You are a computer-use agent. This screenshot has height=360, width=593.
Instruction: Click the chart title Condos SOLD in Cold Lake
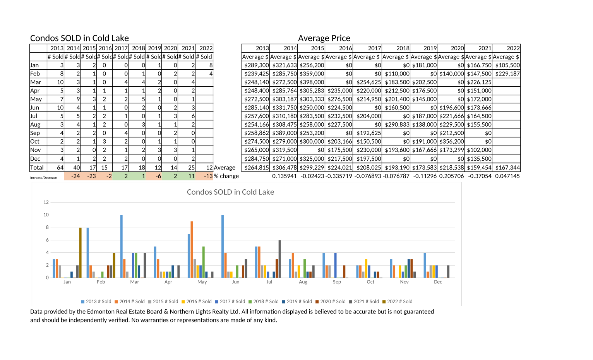pyautogui.click(x=230, y=192)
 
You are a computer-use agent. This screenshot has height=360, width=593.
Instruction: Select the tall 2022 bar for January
pyautogui.click(x=80, y=252)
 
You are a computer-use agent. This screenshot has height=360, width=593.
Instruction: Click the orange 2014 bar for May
pyautogui.click(x=192, y=249)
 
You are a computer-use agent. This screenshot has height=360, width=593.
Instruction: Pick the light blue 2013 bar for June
pyautogui.click(x=223, y=247)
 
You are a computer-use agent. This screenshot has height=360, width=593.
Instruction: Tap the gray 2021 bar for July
pyautogui.click(x=279, y=259)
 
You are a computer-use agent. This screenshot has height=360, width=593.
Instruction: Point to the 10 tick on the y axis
pyautogui.click(x=46, y=215)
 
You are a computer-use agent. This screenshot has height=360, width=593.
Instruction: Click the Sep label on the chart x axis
pyautogui.click(x=337, y=282)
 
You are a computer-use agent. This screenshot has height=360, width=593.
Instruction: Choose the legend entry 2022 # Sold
pyautogui.click(x=398, y=302)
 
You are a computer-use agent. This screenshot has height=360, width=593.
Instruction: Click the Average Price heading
pyautogui.click(x=324, y=38)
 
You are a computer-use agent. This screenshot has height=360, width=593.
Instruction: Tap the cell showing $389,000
pyautogui.click(x=285, y=133)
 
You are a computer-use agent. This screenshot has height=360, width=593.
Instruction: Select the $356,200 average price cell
pyautogui.click(x=452, y=141)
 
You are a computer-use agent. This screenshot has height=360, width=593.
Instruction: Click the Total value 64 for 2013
pyautogui.click(x=60, y=167)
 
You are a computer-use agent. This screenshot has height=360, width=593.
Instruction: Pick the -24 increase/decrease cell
pyautogui.click(x=75, y=176)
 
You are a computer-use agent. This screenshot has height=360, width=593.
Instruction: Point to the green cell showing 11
pyautogui.click(x=191, y=176)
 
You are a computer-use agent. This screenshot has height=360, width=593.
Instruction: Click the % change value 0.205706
pyautogui.click(x=452, y=176)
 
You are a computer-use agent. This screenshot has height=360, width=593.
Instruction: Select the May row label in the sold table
pyautogui.click(x=36, y=99)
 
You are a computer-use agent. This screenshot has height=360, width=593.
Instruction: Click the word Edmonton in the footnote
pyautogui.click(x=101, y=312)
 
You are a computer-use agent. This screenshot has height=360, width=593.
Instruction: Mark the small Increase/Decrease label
pyautogui.click(x=43, y=178)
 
